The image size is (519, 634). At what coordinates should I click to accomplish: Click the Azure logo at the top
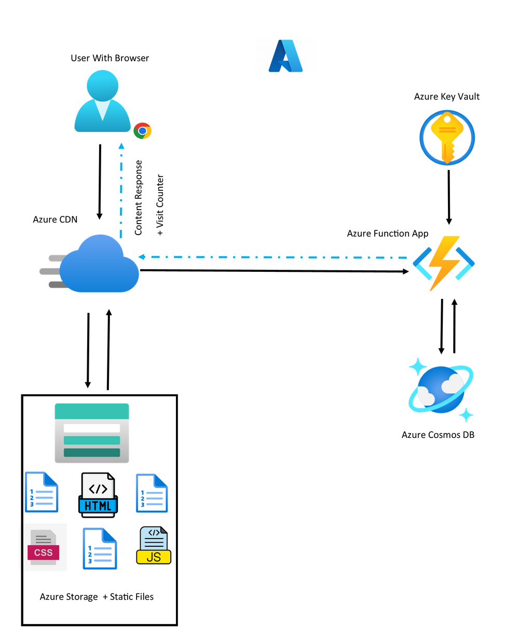coord(285,56)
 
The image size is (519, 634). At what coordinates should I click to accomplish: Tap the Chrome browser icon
coord(142,131)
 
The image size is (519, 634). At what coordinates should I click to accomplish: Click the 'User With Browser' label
coord(110,58)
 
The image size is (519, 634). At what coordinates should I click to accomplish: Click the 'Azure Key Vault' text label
coord(446,97)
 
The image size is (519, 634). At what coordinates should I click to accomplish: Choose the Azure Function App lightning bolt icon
coord(444,263)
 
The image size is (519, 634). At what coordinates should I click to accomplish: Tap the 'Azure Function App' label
coord(387,233)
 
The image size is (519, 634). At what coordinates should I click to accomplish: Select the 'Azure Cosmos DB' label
coord(438,435)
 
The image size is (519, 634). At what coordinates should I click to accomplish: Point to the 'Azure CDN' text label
coord(55,219)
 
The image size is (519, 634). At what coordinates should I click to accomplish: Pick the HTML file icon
coord(98,495)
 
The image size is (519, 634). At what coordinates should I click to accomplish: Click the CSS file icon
coord(44,547)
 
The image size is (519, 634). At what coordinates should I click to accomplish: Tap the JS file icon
coord(153,546)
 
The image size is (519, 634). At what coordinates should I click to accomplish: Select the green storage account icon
coord(92,433)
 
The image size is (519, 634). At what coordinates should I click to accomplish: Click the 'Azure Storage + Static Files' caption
coord(97,597)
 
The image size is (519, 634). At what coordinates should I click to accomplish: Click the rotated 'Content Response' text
coord(139,198)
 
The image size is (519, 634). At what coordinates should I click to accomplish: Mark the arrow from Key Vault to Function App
coord(449,196)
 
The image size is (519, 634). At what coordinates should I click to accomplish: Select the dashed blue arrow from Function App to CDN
coord(272,257)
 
